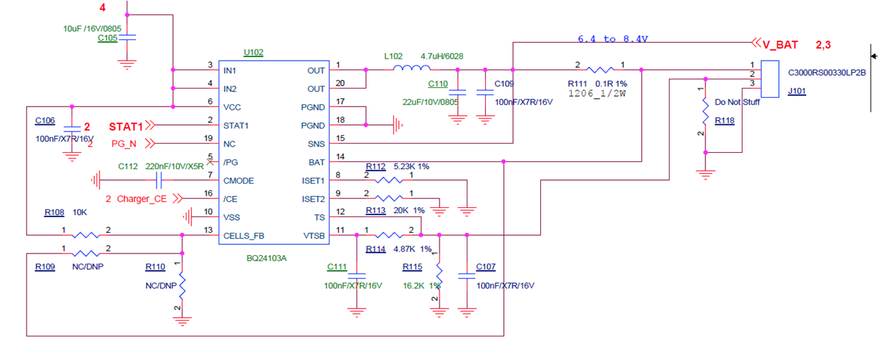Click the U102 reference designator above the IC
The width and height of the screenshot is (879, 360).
(x=253, y=52)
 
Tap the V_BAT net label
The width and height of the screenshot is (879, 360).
(x=780, y=44)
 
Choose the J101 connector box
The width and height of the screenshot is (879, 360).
(x=770, y=79)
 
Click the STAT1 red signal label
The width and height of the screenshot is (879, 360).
(x=126, y=126)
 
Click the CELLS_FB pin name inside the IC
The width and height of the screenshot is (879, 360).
(x=244, y=236)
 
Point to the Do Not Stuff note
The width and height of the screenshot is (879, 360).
(x=737, y=102)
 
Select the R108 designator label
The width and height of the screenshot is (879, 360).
(x=54, y=213)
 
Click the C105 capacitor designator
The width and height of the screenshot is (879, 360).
(x=108, y=38)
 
